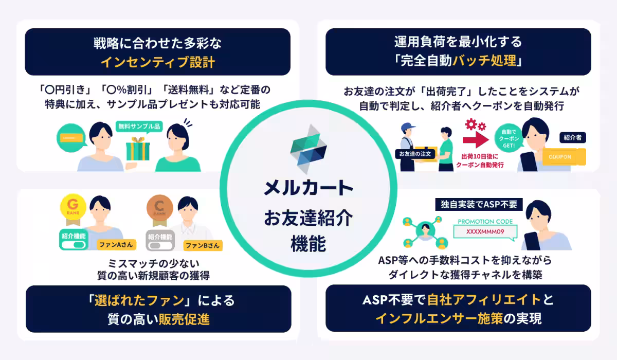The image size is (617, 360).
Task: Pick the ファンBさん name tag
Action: click(203, 245)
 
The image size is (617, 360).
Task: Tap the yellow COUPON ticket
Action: click(560, 156)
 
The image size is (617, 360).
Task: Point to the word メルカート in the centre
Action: click(308, 188)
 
